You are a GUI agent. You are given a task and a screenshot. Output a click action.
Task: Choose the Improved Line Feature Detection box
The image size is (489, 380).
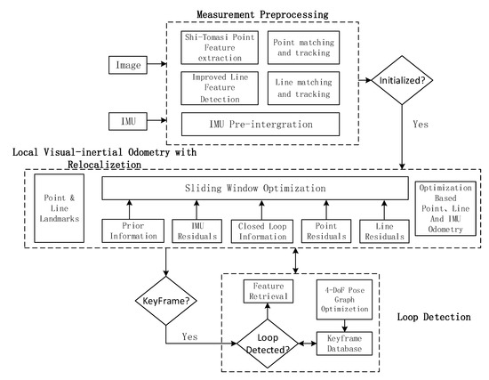point(217,87)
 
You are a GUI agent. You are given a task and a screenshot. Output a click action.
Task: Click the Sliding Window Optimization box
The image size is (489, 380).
point(257,190)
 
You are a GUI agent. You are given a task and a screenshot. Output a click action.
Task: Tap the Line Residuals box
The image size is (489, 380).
point(380,229)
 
